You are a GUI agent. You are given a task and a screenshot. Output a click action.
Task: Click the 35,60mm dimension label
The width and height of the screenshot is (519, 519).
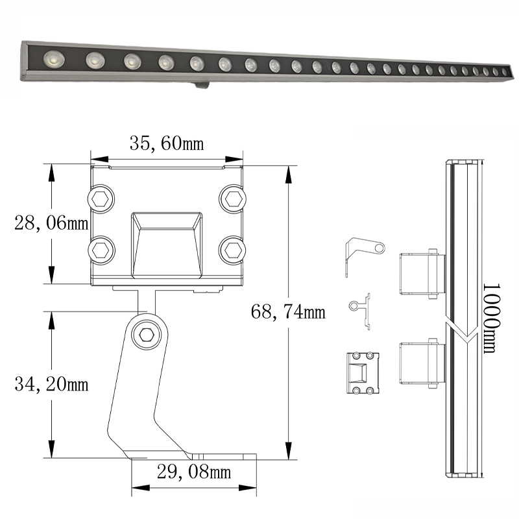pyautogui.click(x=167, y=143)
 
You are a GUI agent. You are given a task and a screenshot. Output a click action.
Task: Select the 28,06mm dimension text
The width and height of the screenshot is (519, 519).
pyautogui.click(x=51, y=223)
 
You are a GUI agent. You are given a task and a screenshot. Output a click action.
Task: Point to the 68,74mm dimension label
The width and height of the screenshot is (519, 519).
pyautogui.click(x=288, y=312)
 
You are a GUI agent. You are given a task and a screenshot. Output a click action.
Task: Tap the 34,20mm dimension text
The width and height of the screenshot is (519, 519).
pyautogui.click(x=51, y=384)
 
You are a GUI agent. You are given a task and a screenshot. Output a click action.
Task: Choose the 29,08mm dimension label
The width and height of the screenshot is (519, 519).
pyautogui.click(x=194, y=472)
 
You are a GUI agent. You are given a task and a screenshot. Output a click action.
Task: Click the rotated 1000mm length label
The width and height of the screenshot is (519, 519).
pyautogui.click(x=490, y=318)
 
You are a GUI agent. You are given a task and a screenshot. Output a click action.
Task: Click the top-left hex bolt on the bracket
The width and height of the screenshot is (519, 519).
pyautogui.click(x=101, y=199)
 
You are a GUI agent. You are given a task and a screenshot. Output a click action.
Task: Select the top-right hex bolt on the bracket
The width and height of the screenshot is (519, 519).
pyautogui.click(x=232, y=199)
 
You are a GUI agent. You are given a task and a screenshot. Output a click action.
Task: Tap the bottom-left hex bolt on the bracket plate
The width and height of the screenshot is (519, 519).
pyautogui.click(x=101, y=250)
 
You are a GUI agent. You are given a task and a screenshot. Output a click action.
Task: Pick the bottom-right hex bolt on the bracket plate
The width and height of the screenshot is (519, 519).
pyautogui.click(x=232, y=250)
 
